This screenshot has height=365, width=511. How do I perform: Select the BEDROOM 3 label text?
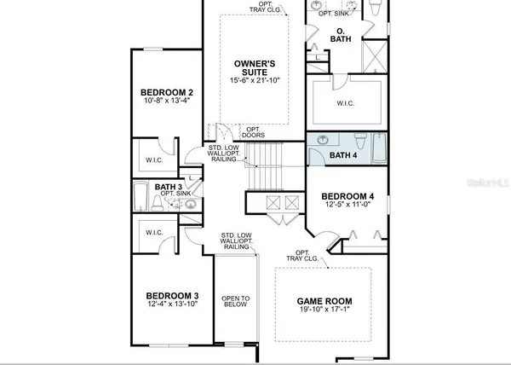167,295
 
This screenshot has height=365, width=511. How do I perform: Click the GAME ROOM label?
324,302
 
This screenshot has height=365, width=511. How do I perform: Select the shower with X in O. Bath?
375,57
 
